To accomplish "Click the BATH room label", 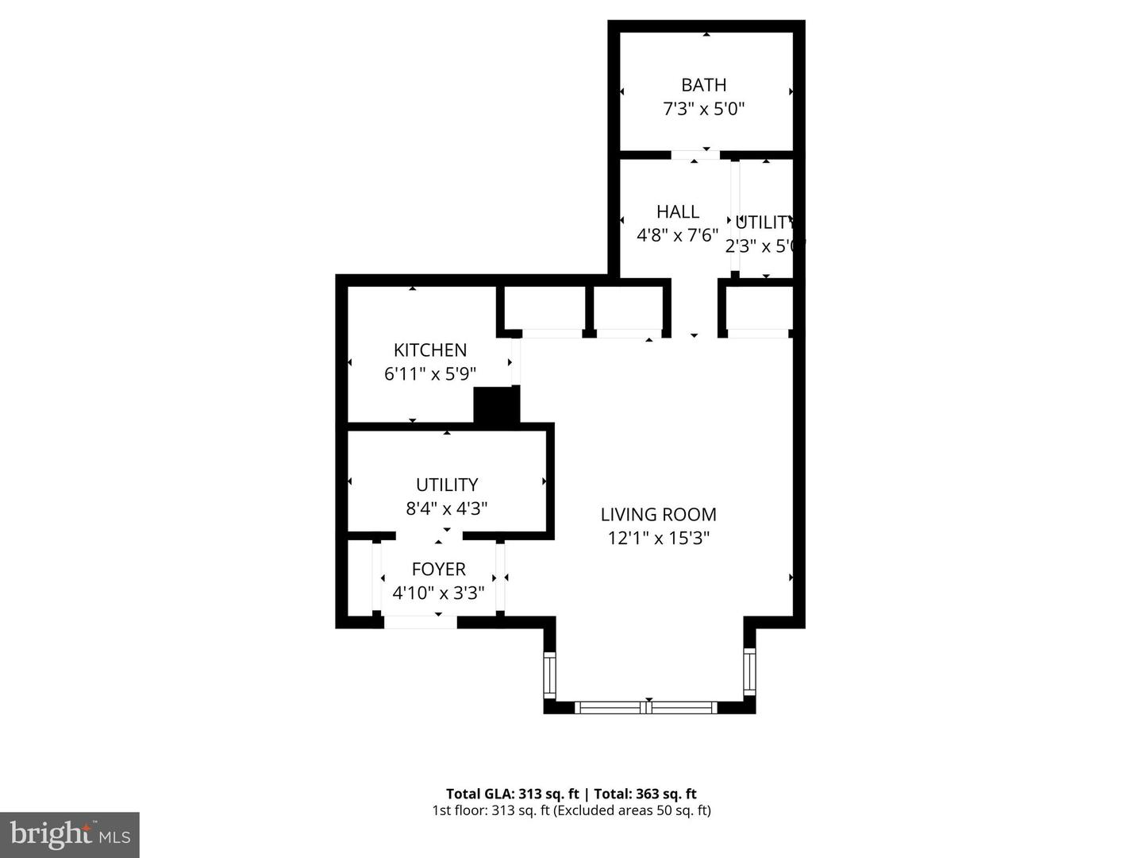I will (703, 85).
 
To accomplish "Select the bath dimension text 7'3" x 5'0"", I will (703, 109).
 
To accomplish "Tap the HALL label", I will (677, 211).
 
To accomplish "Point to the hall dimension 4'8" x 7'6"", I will (677, 235).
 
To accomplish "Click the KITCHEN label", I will (430, 350).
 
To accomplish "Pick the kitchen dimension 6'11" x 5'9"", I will (430, 374).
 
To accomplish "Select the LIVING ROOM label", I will (658, 515).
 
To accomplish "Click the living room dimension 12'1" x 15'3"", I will (658, 539).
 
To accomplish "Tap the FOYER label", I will (438, 570).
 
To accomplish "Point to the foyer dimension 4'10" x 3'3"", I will (438, 593).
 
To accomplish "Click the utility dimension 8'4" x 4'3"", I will (447, 508).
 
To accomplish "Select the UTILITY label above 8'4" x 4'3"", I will (447, 485).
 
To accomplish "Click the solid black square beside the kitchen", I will (496, 405).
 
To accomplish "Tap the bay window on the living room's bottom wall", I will (648, 707).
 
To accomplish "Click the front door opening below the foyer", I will (420, 622).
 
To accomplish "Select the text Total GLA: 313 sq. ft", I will (513, 794).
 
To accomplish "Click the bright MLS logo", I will (70, 834).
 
